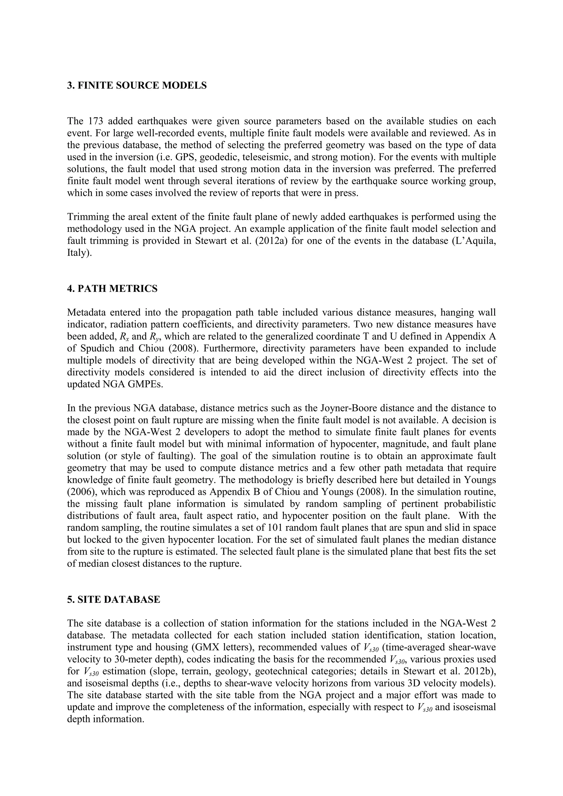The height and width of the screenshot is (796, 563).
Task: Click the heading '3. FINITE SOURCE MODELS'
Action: [137, 85]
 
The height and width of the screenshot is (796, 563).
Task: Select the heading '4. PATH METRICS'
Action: [112, 289]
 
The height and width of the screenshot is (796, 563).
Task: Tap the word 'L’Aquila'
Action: [474, 241]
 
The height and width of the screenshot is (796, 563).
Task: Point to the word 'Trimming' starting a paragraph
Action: [87, 217]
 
